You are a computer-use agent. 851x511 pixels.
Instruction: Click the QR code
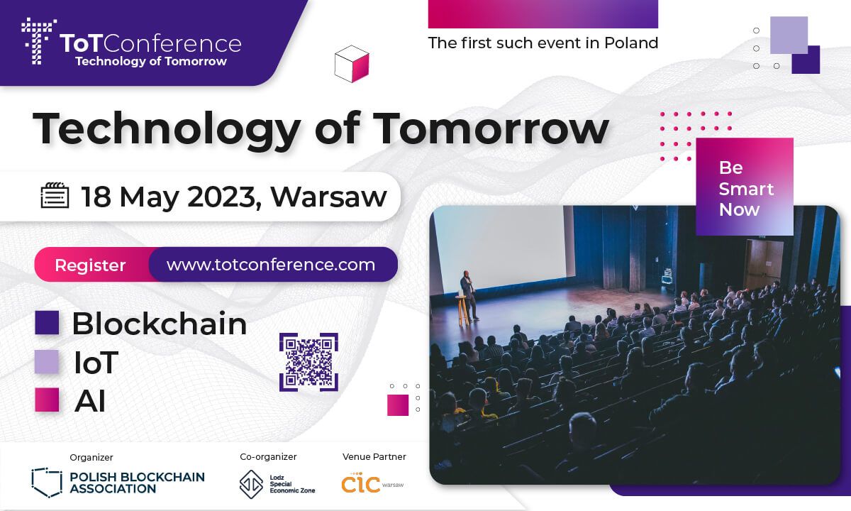[308, 362]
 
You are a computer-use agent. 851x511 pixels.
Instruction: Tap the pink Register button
[91, 265]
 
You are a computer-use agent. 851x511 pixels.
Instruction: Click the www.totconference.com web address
[271, 265]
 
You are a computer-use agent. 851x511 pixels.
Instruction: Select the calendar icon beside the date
[55, 196]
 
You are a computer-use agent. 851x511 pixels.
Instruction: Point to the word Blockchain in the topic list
[160, 324]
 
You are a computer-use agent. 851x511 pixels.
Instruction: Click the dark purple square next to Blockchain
[47, 323]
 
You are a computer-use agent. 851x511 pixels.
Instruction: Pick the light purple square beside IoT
[47, 362]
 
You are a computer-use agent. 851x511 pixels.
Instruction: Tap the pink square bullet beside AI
[47, 400]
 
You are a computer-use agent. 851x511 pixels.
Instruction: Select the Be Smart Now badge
[745, 188]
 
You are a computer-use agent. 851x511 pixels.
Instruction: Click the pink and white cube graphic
[352, 63]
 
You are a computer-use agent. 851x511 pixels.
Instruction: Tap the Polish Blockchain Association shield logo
[47, 480]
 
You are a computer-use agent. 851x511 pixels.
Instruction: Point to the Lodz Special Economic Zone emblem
[250, 483]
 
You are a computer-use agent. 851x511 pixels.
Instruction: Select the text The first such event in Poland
[543, 43]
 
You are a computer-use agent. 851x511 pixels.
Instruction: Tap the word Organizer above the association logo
[91, 458]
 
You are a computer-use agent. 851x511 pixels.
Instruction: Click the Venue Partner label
[374, 456]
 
